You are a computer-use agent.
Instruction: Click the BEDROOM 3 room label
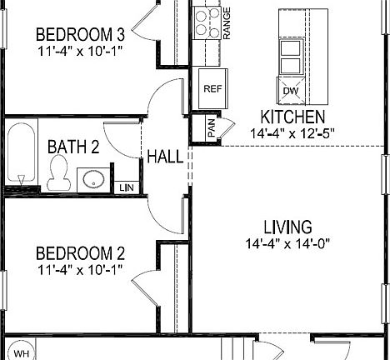click(80, 35)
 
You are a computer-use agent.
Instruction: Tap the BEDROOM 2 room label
click(80, 253)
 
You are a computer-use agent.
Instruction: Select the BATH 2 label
click(73, 147)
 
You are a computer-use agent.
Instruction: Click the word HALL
click(166, 157)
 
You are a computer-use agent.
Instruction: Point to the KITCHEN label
click(292, 117)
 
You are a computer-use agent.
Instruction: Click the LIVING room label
click(287, 227)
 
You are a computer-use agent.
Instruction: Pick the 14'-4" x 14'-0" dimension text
click(288, 244)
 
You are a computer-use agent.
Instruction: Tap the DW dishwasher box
click(290, 91)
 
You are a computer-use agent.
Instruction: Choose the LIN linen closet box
click(126, 187)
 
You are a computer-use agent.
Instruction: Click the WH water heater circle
click(21, 353)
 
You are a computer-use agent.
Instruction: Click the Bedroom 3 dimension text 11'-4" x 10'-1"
click(80, 51)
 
